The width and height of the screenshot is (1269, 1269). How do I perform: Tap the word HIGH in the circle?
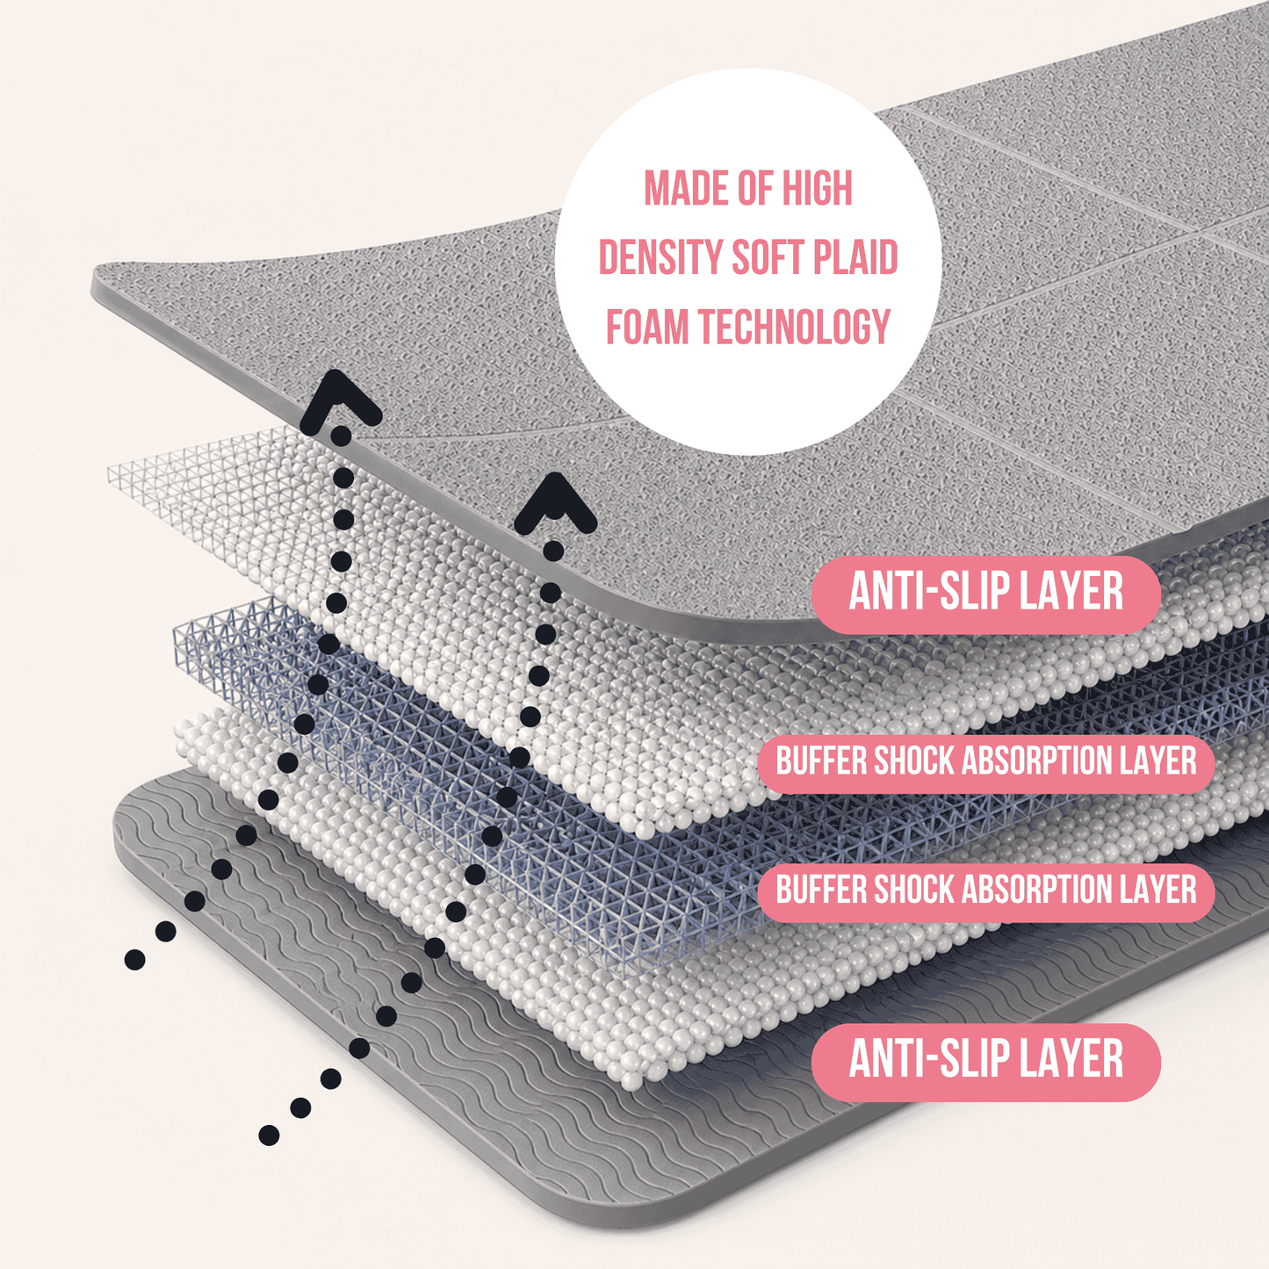tap(817, 188)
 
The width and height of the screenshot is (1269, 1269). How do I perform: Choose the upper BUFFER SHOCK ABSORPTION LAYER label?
tap(985, 761)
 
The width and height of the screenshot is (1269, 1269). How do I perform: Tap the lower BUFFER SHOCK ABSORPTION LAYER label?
tap(985, 890)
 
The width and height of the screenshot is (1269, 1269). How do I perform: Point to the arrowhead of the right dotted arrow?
tap(555, 505)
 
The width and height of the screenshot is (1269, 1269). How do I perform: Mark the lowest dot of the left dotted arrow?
tap(135, 960)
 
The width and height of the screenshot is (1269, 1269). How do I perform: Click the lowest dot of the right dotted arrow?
tap(269, 1135)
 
